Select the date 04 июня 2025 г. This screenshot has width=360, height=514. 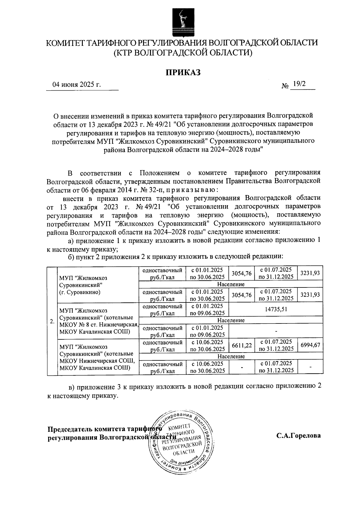76,85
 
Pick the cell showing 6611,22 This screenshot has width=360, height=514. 241,345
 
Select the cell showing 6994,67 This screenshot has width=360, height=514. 310,345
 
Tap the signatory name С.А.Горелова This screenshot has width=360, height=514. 298,435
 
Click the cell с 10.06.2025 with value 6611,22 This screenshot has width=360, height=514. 207,345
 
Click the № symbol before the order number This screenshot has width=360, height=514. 285,86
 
